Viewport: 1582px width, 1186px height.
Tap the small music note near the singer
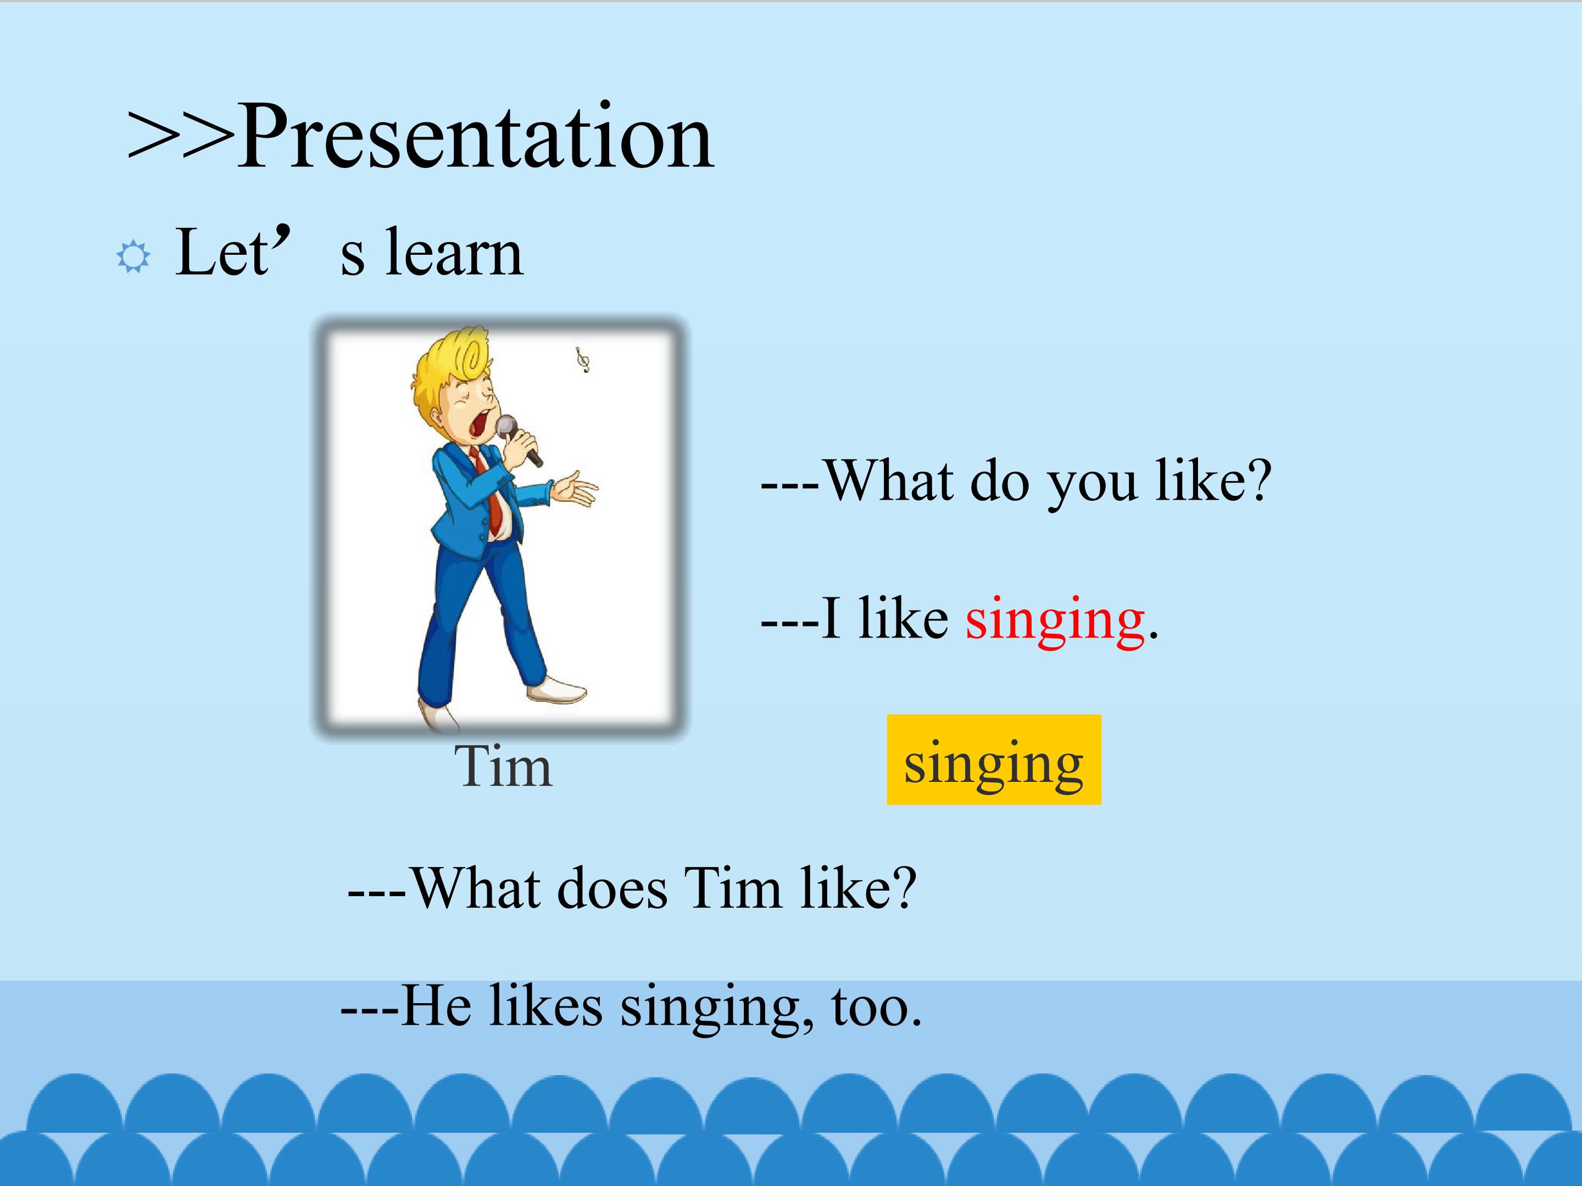pyautogui.click(x=583, y=360)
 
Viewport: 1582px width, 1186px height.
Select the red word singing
pyautogui.click(x=1055, y=619)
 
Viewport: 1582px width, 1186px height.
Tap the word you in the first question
pyautogui.click(x=1091, y=483)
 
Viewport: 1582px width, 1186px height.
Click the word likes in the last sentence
pyautogui.click(x=545, y=1006)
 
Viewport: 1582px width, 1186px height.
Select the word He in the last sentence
pyautogui.click(x=436, y=1006)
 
